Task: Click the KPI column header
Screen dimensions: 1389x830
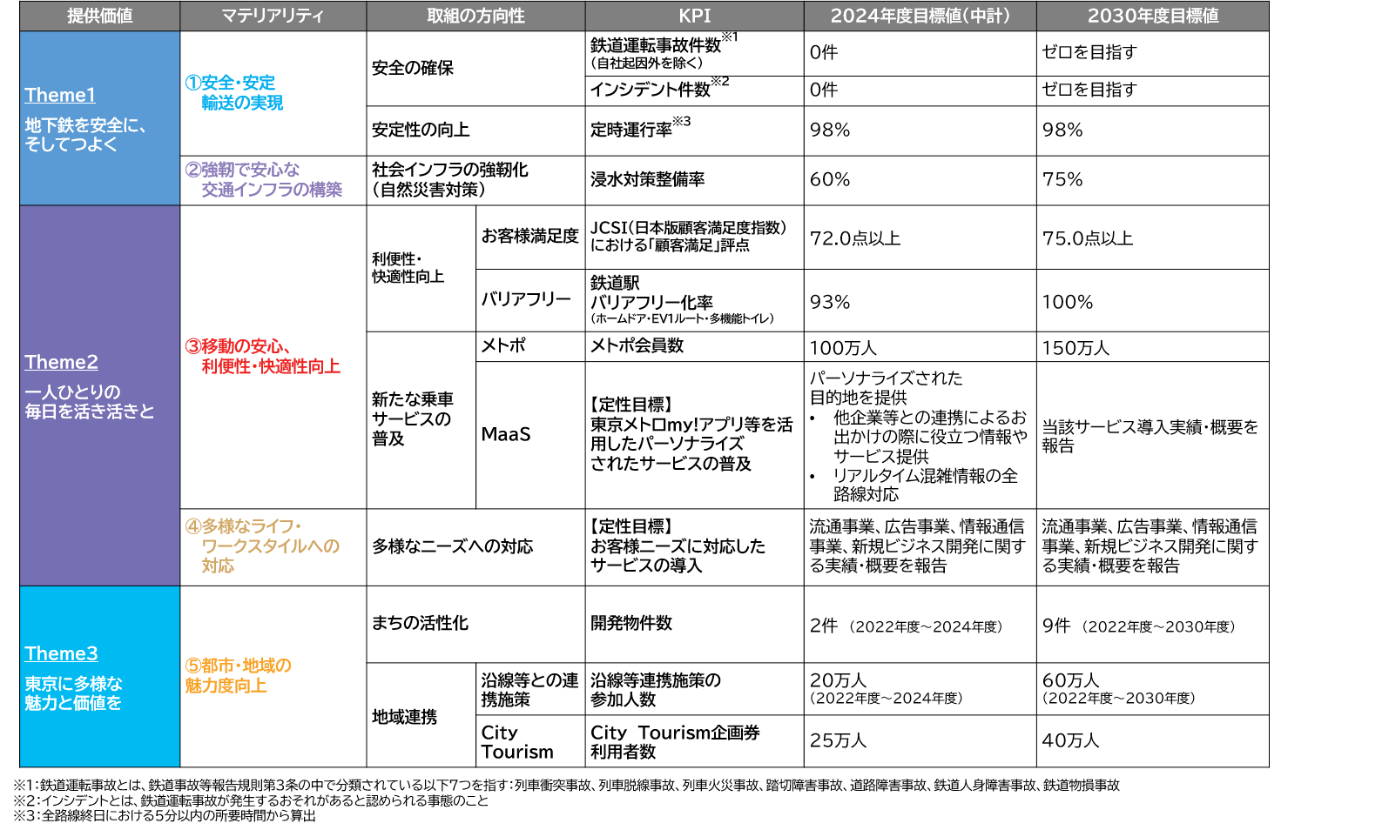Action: (694, 16)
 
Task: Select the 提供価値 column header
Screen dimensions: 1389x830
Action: (100, 16)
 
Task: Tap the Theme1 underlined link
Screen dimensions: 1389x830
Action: (60, 95)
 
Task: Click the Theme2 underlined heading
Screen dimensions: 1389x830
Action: (61, 362)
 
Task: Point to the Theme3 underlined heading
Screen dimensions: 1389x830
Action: (61, 653)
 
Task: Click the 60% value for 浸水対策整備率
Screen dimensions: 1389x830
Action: (830, 179)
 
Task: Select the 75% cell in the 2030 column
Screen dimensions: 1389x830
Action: (1062, 179)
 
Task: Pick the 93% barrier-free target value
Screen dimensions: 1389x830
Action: (830, 302)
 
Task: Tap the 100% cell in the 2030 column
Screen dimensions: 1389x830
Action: (1067, 302)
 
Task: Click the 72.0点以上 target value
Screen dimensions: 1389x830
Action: (855, 238)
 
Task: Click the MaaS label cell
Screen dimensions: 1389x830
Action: (505, 434)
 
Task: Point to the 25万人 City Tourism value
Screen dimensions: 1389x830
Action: (838, 740)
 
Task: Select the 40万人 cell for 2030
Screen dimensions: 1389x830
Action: (1070, 740)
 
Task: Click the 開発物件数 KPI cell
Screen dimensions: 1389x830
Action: (631, 623)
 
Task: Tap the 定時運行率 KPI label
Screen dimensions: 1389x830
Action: (631, 131)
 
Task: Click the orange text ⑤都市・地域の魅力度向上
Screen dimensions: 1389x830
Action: (238, 676)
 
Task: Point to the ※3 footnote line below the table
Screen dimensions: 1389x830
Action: (165, 816)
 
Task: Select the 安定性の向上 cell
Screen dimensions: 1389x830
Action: (421, 131)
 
